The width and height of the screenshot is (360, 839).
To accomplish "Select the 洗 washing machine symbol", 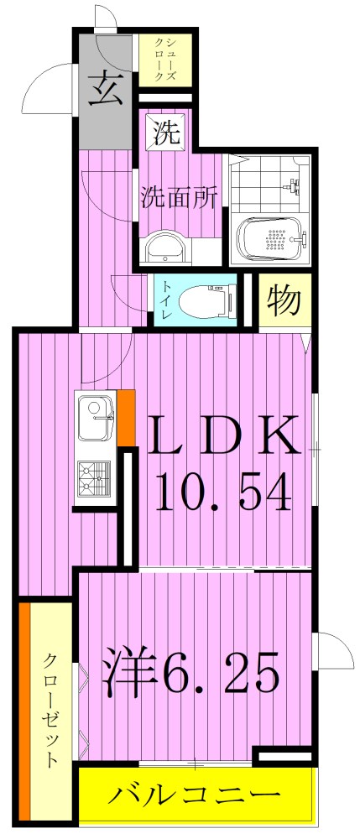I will pyautogui.click(x=164, y=133).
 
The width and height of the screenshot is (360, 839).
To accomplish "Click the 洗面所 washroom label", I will pyautogui.click(x=179, y=198).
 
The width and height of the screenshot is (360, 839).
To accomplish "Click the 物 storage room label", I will pyautogui.click(x=279, y=300).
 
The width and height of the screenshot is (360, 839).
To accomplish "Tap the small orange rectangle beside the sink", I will pyautogui.click(x=126, y=417).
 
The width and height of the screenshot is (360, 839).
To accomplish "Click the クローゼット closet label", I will pyautogui.click(x=50, y=709).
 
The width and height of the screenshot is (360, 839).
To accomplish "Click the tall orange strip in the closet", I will pyautogui.click(x=25, y=709).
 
